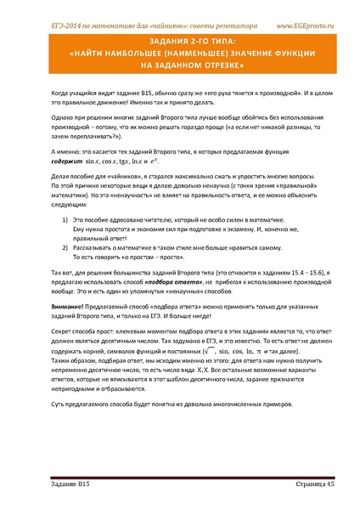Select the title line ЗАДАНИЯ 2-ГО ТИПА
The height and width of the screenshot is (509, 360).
[x=179, y=39]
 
